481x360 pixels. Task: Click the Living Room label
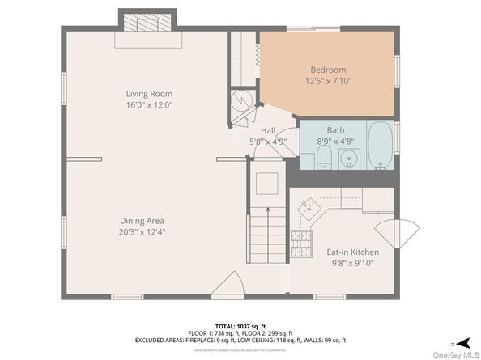(x=149, y=92)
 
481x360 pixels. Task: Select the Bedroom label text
(x=328, y=70)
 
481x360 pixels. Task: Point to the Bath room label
(x=335, y=130)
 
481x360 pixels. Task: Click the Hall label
(x=268, y=130)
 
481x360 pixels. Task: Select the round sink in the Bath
(x=348, y=157)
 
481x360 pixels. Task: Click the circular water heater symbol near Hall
(x=241, y=101)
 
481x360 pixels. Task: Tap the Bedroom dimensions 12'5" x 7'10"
(x=328, y=81)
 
